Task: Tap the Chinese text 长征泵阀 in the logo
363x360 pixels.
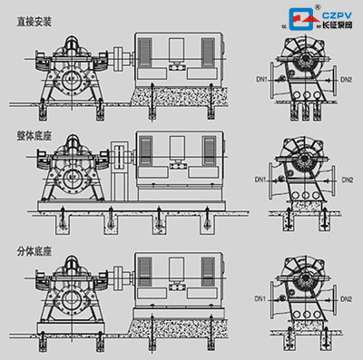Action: coord(332,26)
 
